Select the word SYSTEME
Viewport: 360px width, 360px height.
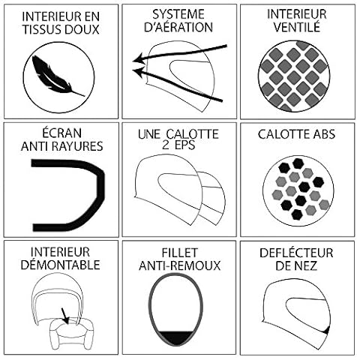[178, 14]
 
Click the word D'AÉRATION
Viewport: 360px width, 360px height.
[178, 27]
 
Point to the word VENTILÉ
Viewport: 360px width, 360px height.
[297, 27]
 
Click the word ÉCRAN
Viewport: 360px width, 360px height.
[61, 133]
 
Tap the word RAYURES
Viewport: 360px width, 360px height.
[79, 146]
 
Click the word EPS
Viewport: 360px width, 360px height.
[185, 145]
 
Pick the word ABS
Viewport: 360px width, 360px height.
[324, 134]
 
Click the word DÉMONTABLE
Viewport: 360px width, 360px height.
[60, 265]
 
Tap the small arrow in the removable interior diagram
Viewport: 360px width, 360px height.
[64, 316]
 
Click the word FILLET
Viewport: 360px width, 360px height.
[179, 253]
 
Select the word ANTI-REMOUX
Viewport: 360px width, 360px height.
[179, 265]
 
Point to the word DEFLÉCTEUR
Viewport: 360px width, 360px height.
[296, 253]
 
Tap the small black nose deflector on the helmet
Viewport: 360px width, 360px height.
[327, 331]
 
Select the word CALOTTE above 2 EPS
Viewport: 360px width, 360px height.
[192, 134]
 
